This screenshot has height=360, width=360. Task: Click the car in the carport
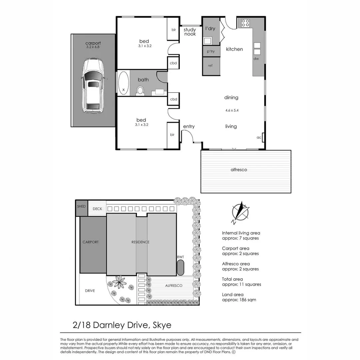click(x=93, y=86)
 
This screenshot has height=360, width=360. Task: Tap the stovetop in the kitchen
click(x=245, y=23)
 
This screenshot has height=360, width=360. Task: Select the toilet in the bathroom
click(x=140, y=90)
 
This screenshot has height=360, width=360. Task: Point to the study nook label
click(x=190, y=32)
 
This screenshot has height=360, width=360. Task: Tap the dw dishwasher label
click(x=256, y=59)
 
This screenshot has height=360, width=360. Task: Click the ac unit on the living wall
click(x=263, y=137)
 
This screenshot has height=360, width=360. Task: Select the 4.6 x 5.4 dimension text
click(x=232, y=110)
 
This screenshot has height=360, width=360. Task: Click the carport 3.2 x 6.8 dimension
click(x=93, y=47)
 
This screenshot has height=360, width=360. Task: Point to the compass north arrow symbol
click(x=240, y=212)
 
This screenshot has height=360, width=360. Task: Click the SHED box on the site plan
click(x=82, y=208)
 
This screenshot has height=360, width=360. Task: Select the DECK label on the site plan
click(x=97, y=209)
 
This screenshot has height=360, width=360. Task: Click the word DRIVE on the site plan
click(x=90, y=291)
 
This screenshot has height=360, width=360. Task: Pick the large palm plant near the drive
click(x=120, y=282)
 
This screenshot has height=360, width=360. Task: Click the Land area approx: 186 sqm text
click(x=239, y=297)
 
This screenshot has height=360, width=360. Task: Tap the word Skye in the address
click(x=162, y=325)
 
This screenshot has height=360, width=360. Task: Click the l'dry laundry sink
click(x=207, y=41)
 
